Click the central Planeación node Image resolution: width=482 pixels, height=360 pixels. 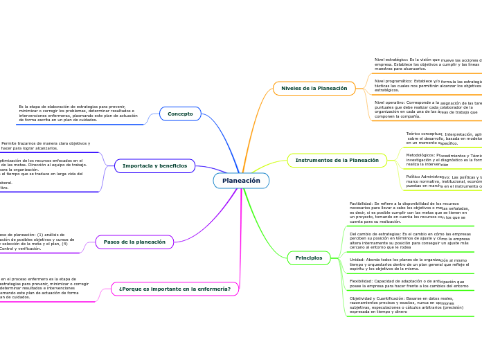click(x=241, y=181)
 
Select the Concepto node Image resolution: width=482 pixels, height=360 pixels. click(x=180, y=114)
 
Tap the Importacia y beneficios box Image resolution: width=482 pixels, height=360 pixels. click(x=154, y=166)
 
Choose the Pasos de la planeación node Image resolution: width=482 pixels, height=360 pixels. click(x=134, y=242)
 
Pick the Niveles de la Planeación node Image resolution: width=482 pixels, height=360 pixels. click(x=314, y=89)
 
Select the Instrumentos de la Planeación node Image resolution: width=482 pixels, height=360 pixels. click(x=337, y=161)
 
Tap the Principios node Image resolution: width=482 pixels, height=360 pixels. click(x=308, y=258)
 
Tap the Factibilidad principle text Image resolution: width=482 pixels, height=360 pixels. click(x=409, y=213)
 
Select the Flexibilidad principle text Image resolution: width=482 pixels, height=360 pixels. click(x=409, y=283)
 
